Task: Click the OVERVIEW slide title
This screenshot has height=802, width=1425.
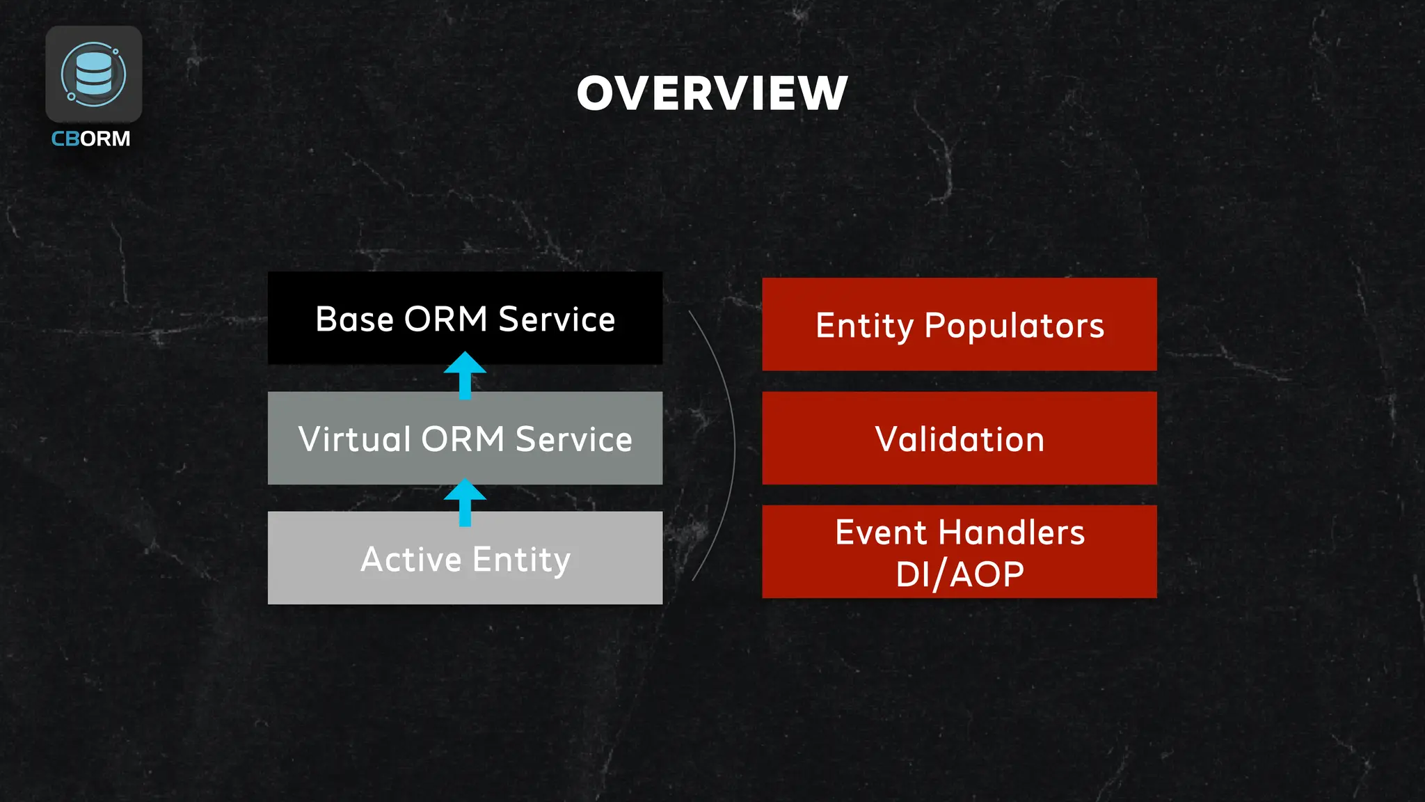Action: pyautogui.click(x=712, y=93)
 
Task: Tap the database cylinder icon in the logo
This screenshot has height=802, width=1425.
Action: pyautogui.click(x=94, y=72)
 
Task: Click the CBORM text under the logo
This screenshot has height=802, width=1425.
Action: pyautogui.click(x=90, y=139)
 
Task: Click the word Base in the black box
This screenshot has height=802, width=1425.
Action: pyautogui.click(x=354, y=320)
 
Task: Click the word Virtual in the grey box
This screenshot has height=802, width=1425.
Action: pyautogui.click(x=354, y=439)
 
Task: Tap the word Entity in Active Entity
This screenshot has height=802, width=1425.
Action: pyautogui.click(x=521, y=560)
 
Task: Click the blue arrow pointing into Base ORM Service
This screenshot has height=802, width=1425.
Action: pyautogui.click(x=465, y=375)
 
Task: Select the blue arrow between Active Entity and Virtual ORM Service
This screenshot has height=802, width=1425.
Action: pyautogui.click(x=465, y=501)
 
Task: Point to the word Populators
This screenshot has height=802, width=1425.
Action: pyautogui.click(x=1014, y=326)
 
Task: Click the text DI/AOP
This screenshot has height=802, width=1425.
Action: pyautogui.click(x=959, y=575)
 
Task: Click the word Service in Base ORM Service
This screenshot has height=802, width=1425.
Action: pyautogui.click(x=557, y=320)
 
